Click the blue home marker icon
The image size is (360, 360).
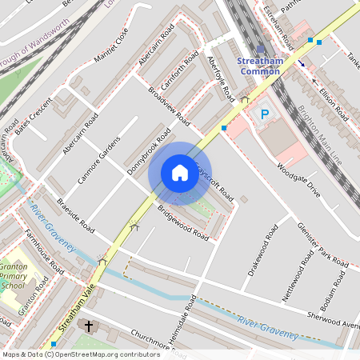pyautogui.click(x=180, y=172)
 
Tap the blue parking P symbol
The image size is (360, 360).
pyautogui.click(x=263, y=115)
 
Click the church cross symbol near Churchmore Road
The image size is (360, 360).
pyautogui.click(x=89, y=327)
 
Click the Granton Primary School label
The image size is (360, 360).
pyautogui.click(x=14, y=274)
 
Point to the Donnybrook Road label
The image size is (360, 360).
pyautogui.click(x=150, y=151)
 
